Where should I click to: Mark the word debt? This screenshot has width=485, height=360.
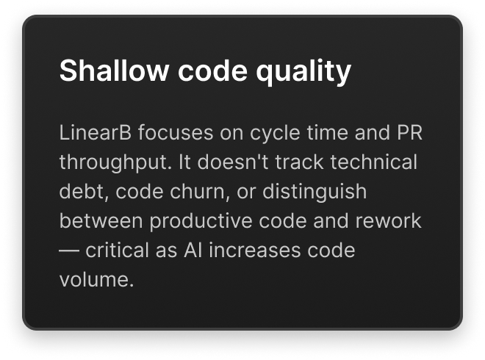click(x=75, y=192)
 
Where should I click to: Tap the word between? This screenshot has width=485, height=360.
click(x=96, y=221)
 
